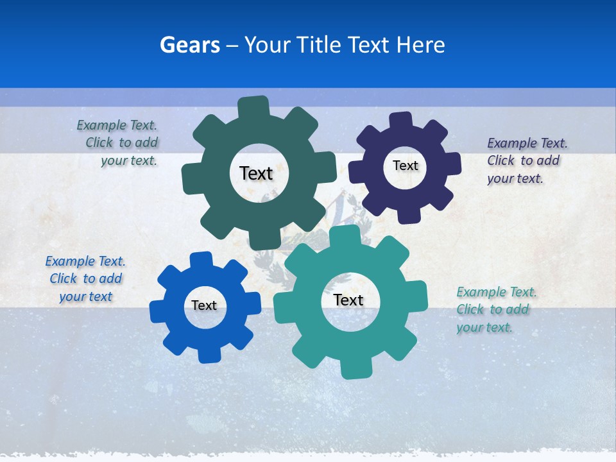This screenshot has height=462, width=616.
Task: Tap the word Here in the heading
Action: click(x=420, y=45)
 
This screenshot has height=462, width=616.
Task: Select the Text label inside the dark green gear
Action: click(x=256, y=173)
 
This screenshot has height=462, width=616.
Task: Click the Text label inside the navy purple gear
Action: click(x=405, y=166)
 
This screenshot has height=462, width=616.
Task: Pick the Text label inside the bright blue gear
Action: click(x=204, y=305)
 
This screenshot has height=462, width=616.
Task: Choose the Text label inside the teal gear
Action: click(x=348, y=300)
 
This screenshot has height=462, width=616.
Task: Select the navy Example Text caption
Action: click(x=527, y=160)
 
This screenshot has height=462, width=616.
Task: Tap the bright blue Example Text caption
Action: click(x=85, y=278)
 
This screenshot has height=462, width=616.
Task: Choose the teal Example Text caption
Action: click(x=496, y=309)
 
